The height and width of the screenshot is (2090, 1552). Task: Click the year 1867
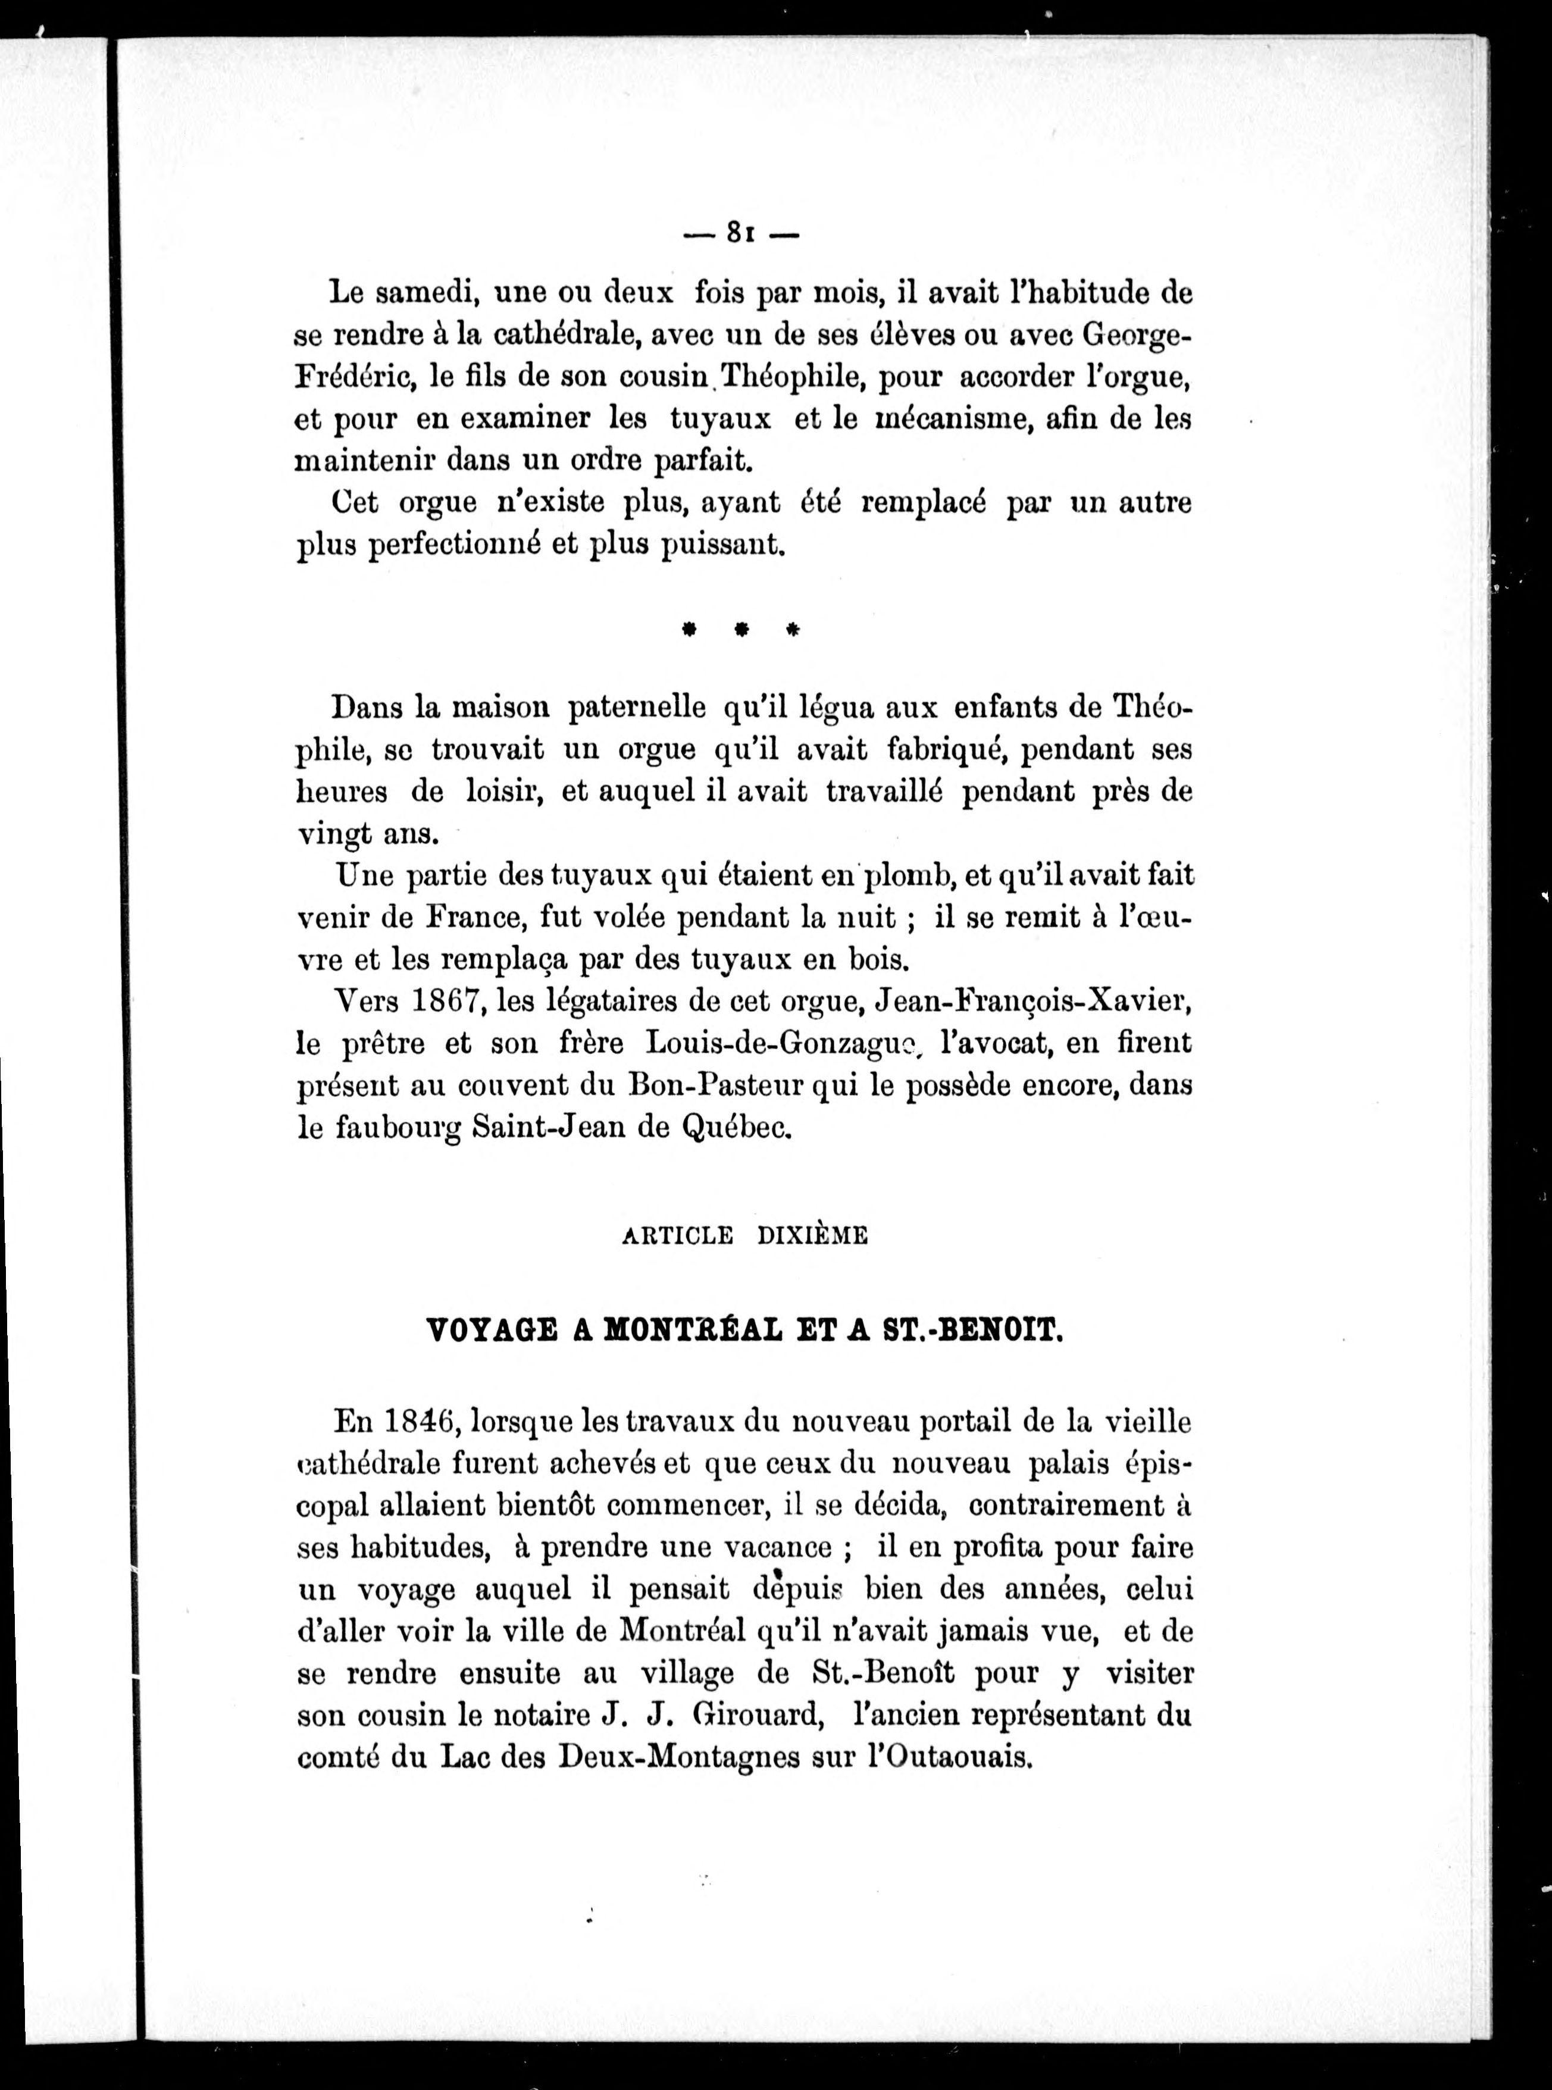(x=445, y=1002)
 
